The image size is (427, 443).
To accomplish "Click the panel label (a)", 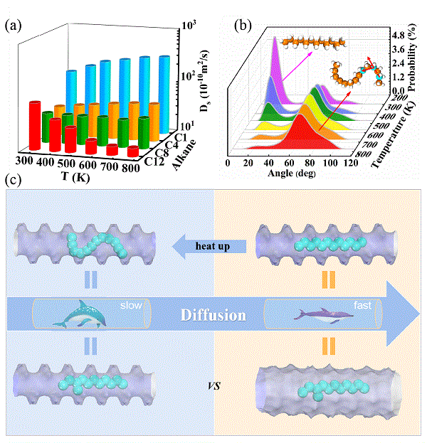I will pos(14,26).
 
